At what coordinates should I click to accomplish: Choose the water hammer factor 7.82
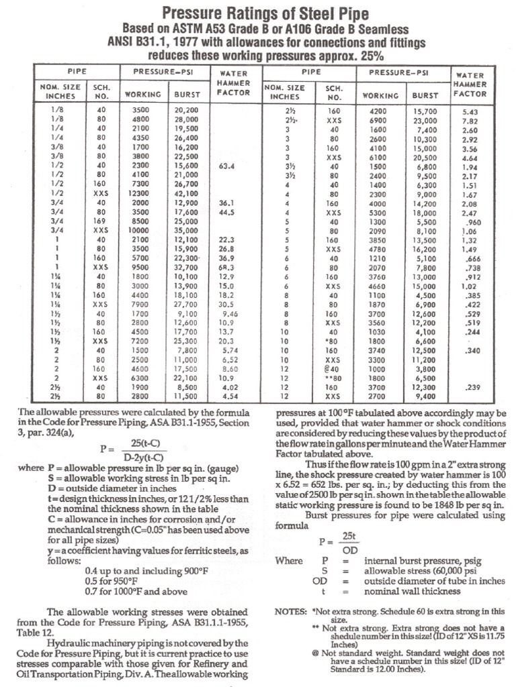pos(470,121)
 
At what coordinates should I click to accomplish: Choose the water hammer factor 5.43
pos(470,111)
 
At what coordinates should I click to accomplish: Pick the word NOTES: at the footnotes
pos(291,611)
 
